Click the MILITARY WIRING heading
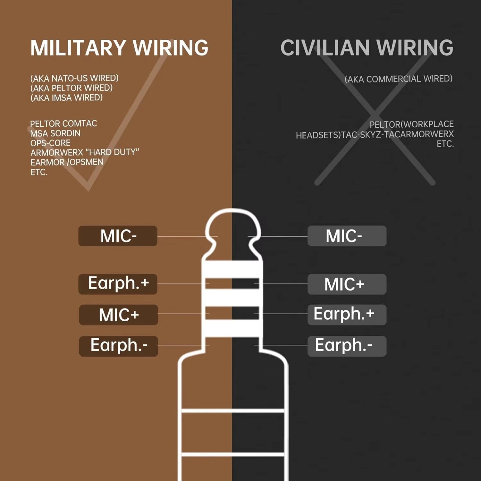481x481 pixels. click(x=119, y=48)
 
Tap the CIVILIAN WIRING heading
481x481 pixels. click(x=367, y=48)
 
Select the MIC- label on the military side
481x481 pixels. click(x=118, y=236)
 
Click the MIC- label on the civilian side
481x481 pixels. click(x=347, y=236)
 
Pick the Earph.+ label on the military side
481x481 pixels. click(x=118, y=284)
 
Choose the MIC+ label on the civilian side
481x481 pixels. click(x=347, y=284)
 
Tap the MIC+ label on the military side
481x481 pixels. click(x=119, y=315)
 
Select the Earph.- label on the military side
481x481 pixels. click(x=119, y=346)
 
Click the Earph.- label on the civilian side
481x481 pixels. click(x=347, y=346)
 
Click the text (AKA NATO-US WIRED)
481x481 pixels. click(x=74, y=78)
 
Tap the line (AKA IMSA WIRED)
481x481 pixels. click(x=66, y=97)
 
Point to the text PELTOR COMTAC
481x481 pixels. click(x=63, y=123)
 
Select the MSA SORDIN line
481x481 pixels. click(x=55, y=133)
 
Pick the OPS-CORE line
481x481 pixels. click(x=50, y=143)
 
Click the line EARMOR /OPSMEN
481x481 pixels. click(x=67, y=162)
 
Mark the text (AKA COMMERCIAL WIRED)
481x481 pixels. click(x=399, y=79)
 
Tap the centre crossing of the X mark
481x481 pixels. click(x=374, y=114)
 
